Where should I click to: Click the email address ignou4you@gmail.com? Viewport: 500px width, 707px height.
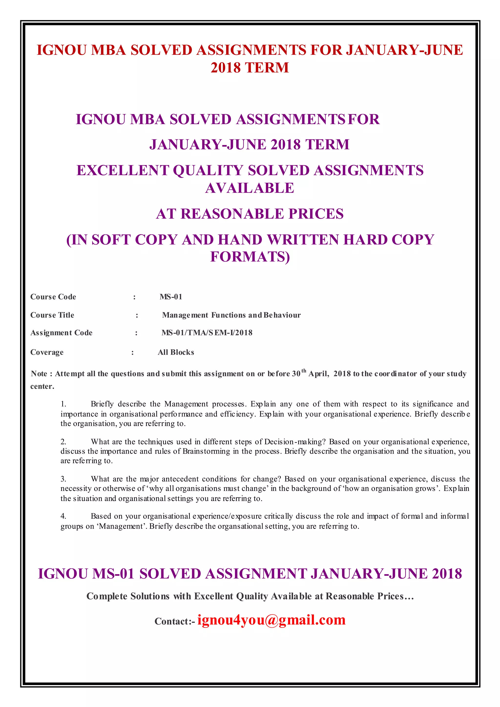(x=271, y=620)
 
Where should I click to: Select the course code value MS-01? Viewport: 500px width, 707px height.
(x=171, y=297)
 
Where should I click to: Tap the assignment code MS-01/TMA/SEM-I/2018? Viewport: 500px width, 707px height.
(x=207, y=333)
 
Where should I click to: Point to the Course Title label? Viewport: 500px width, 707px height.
(x=52, y=315)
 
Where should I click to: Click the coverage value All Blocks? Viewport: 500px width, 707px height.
(x=176, y=352)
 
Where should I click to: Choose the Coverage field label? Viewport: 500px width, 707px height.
(x=47, y=352)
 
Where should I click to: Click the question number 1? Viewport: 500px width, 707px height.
(x=63, y=404)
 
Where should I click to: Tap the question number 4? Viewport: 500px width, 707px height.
(x=63, y=516)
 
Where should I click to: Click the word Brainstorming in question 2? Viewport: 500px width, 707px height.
(x=206, y=451)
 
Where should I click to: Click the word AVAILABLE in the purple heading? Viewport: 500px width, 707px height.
(x=250, y=188)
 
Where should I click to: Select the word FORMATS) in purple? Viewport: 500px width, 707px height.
(x=250, y=257)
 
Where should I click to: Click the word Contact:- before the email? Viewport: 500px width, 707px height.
(x=175, y=621)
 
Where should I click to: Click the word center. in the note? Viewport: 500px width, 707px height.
(x=42, y=386)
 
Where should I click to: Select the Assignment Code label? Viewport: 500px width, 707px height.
(x=61, y=333)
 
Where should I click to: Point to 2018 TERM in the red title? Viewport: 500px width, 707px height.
(x=250, y=68)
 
